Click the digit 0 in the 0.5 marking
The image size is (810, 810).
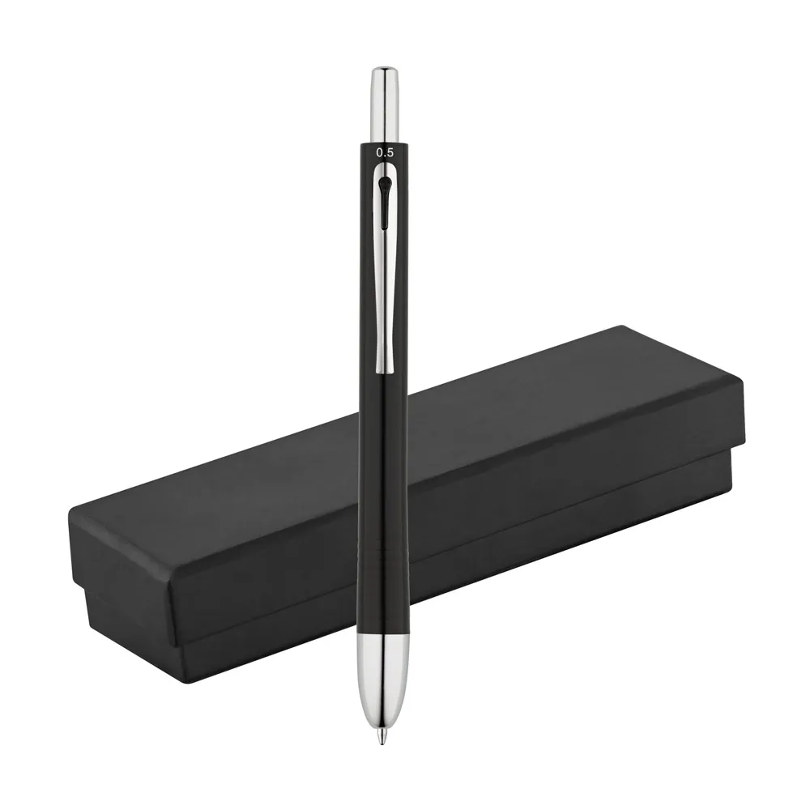pos(380,153)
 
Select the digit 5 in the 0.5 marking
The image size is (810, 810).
pos(390,153)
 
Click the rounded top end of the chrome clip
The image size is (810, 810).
pos(384,168)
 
